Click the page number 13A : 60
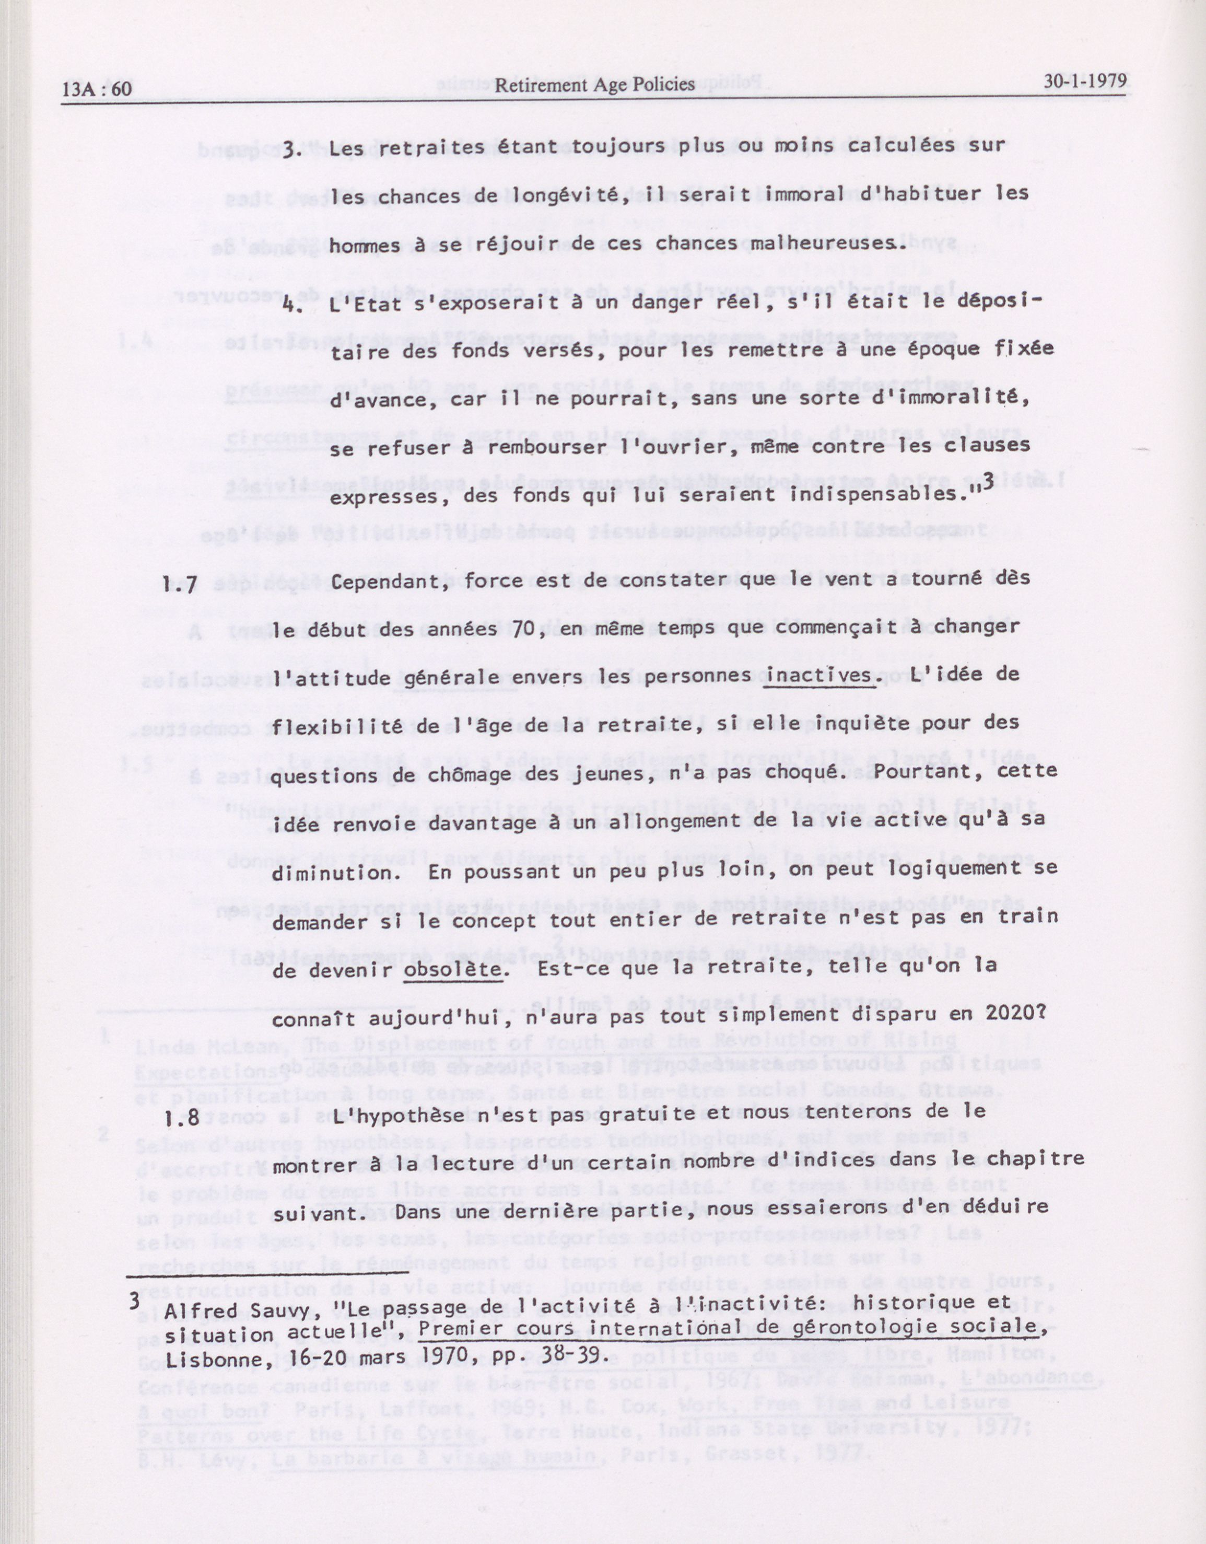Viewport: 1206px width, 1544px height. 97,88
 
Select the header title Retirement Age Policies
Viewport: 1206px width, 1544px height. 594,85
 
